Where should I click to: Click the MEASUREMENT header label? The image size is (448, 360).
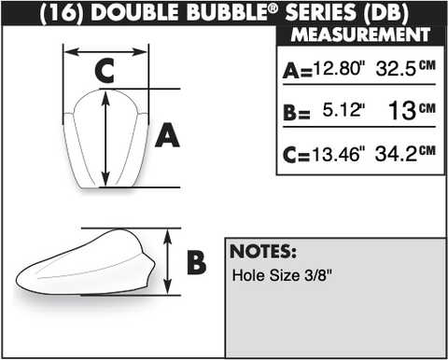point(360,35)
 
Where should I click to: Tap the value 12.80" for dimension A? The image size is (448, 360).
point(338,67)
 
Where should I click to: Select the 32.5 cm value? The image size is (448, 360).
point(406,68)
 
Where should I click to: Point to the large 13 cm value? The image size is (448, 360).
point(412,110)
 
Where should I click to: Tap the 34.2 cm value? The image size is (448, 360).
point(405,153)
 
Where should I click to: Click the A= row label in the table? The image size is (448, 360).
point(297,70)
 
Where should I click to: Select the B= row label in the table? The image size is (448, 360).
point(297,112)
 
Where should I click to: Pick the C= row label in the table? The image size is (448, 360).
point(296,155)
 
